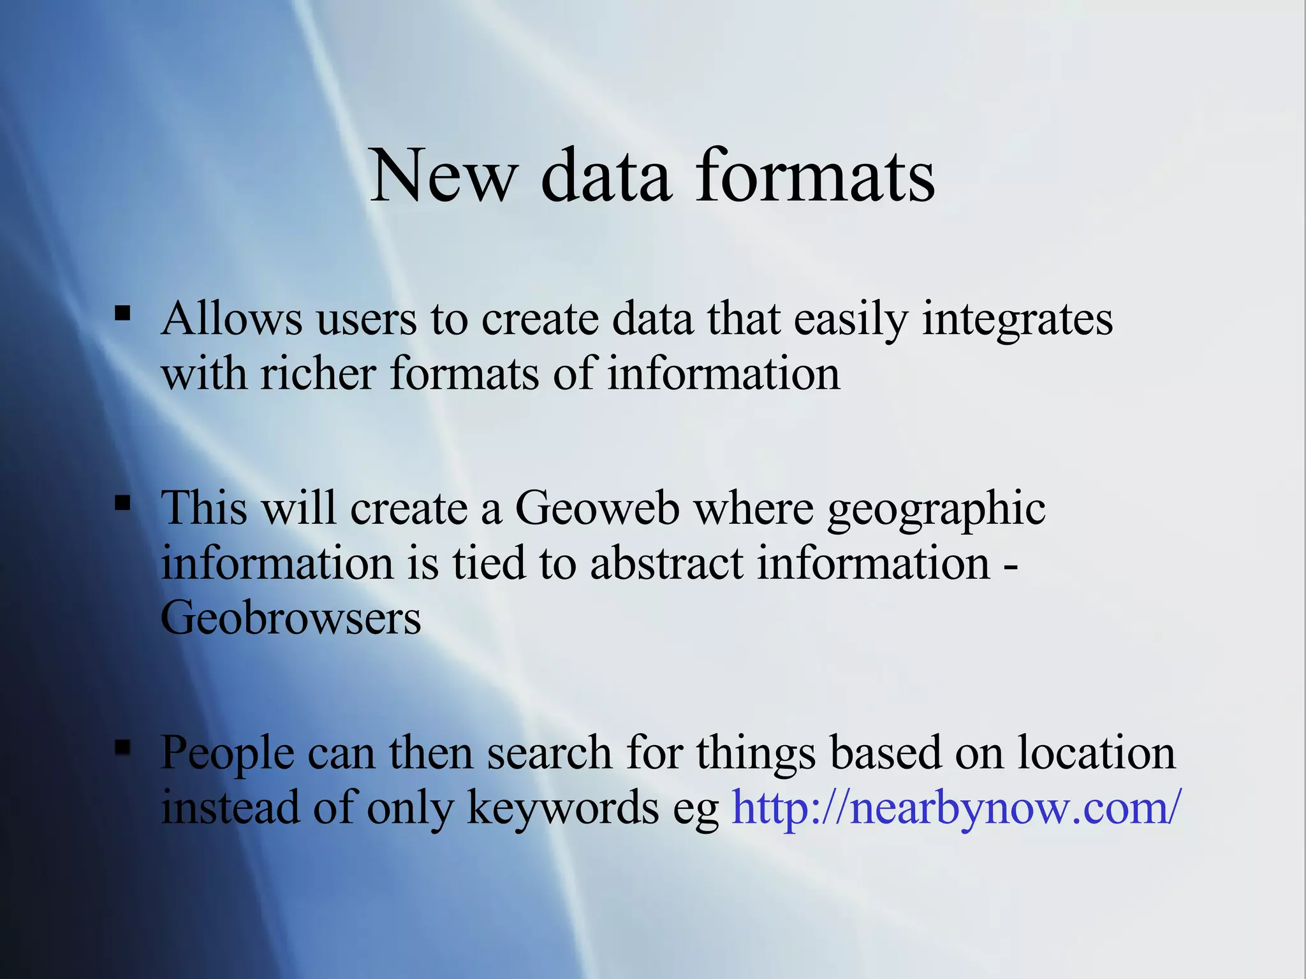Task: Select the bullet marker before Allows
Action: pos(122,313)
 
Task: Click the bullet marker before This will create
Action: pos(122,504)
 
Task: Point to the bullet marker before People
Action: pos(122,748)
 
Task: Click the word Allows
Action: pos(231,318)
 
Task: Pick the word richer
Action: pos(318,373)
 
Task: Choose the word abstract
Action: pos(666,564)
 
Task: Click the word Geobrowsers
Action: pos(291,618)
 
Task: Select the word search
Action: pos(550,753)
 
